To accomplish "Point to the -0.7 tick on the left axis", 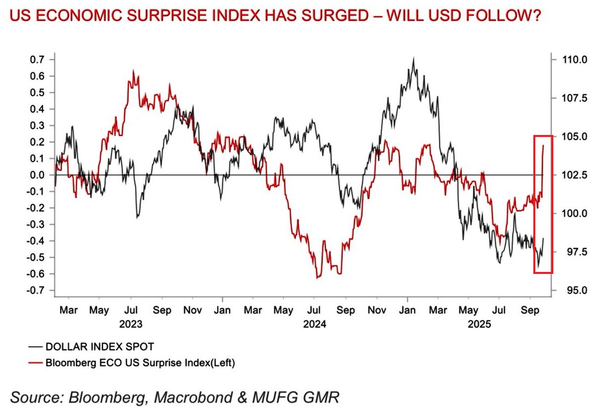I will (x=37, y=290).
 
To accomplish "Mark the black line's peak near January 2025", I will (x=413, y=58).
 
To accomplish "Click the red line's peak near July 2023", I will (x=134, y=71).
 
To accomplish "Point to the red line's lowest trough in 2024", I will (x=317, y=278).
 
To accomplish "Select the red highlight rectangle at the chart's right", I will (x=543, y=204).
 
